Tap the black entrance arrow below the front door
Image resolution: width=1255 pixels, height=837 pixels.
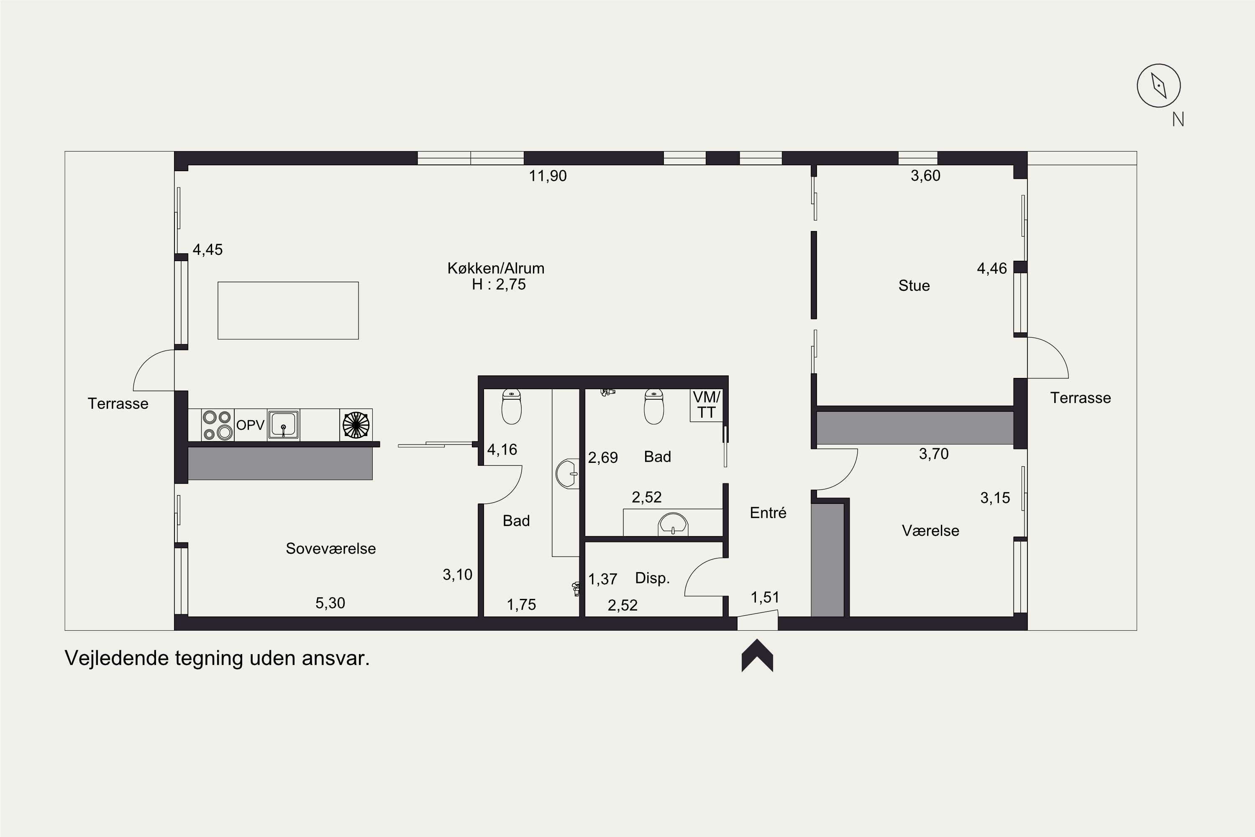(x=757, y=655)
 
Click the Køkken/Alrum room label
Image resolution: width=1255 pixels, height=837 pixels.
(x=496, y=268)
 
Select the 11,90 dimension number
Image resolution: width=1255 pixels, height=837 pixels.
(x=548, y=176)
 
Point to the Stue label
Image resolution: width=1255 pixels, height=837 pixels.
(x=914, y=285)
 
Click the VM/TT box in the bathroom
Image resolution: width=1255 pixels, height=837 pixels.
(x=707, y=405)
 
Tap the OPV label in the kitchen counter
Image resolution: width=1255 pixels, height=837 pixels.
(x=250, y=425)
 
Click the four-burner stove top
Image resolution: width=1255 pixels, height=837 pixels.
(x=217, y=425)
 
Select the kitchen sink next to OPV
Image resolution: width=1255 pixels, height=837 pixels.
(x=283, y=425)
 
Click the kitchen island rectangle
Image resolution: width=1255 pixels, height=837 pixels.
(x=288, y=311)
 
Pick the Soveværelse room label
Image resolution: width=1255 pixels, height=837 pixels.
(x=331, y=549)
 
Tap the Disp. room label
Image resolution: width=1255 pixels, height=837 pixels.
(x=652, y=578)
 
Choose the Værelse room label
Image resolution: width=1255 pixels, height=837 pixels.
(x=930, y=531)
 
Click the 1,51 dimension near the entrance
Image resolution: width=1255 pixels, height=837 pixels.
(x=765, y=597)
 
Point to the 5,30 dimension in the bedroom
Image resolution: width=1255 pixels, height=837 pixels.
(x=330, y=603)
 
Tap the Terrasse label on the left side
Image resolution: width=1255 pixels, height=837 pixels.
(x=118, y=403)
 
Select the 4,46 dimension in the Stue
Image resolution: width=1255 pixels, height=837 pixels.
(x=992, y=269)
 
